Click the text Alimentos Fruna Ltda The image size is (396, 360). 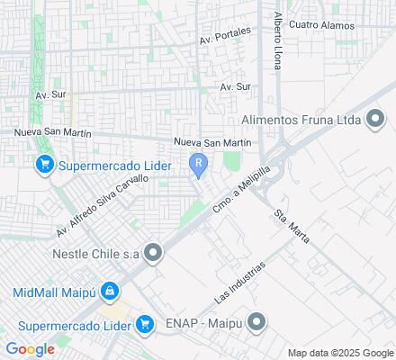coord(301,120)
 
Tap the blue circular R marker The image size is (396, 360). coord(198,163)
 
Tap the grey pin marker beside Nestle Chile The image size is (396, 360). coord(154,254)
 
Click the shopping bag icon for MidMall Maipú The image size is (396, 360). coord(109,292)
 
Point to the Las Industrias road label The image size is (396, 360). coord(241,283)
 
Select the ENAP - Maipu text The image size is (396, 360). coord(203,321)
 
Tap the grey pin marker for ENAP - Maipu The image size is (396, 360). coord(257,321)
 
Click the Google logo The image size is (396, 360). coord(30,349)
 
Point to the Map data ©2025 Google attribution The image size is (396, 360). coord(340,353)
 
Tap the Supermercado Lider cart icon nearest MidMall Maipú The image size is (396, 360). coord(144,323)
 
